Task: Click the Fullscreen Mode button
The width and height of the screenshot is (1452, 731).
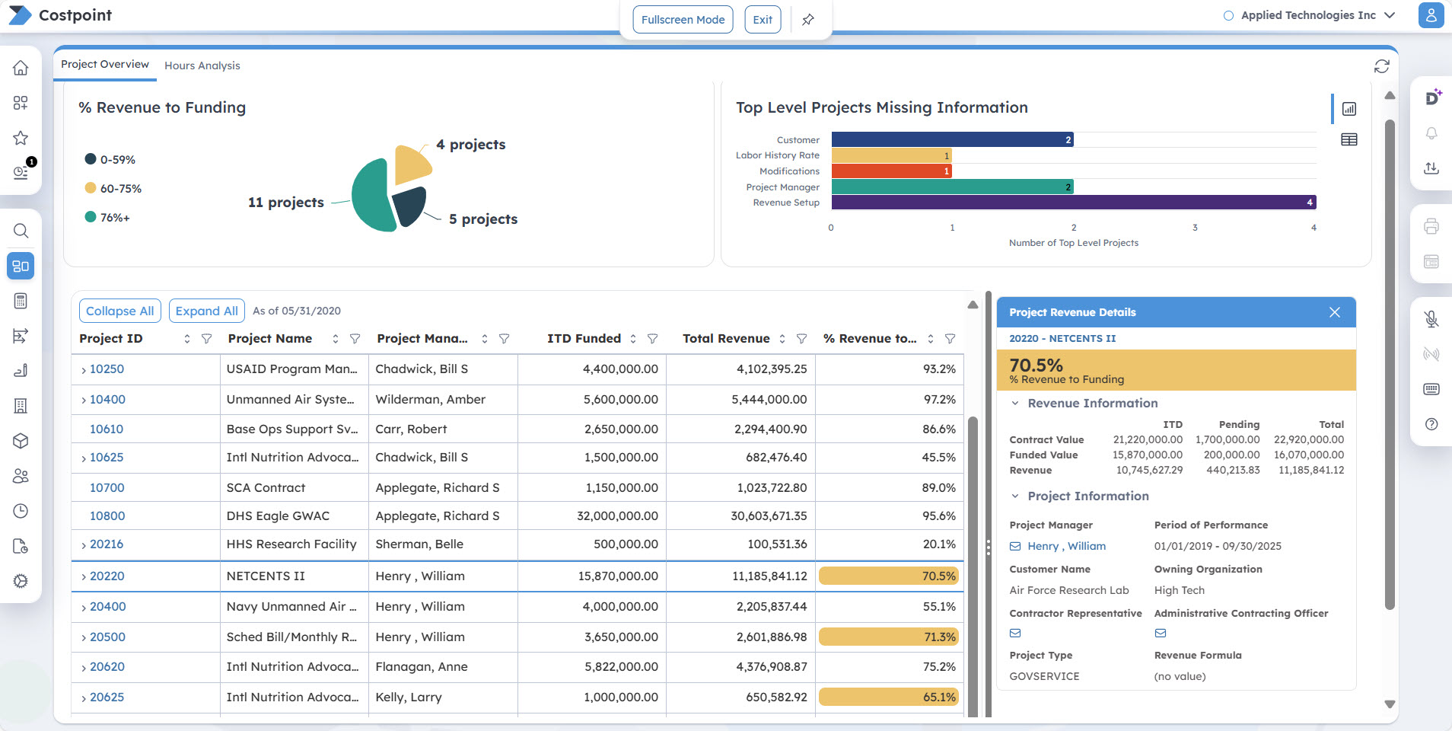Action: [x=683, y=20]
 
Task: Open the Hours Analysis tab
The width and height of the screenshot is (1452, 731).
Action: [x=202, y=65]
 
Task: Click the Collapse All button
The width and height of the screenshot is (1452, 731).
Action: [x=119, y=311]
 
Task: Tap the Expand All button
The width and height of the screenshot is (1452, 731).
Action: [x=206, y=311]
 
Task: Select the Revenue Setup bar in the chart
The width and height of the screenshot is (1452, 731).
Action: [x=1073, y=203]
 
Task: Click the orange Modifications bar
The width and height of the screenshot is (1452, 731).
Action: [x=890, y=171]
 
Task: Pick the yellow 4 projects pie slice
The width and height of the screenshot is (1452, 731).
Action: [x=412, y=163]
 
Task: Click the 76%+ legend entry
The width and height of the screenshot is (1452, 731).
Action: [x=114, y=218]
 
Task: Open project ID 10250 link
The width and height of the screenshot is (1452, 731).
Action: [x=107, y=369]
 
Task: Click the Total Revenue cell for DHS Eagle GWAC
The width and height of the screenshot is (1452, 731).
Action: [x=769, y=516]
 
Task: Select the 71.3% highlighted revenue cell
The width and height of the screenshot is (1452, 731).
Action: [x=888, y=637]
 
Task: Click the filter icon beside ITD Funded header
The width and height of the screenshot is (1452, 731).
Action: [x=652, y=339]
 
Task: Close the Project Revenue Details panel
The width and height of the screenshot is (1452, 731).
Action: [x=1334, y=312]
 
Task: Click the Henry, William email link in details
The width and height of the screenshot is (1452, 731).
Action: [x=1065, y=547]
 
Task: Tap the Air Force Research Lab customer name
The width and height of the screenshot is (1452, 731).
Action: [x=1068, y=591]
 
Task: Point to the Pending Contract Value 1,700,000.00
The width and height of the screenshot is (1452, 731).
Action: [x=1227, y=440]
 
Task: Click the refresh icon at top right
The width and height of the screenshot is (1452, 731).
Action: [x=1381, y=67]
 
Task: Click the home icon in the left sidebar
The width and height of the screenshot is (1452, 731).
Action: [x=21, y=68]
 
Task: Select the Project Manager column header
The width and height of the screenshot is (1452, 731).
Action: [x=422, y=339]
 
